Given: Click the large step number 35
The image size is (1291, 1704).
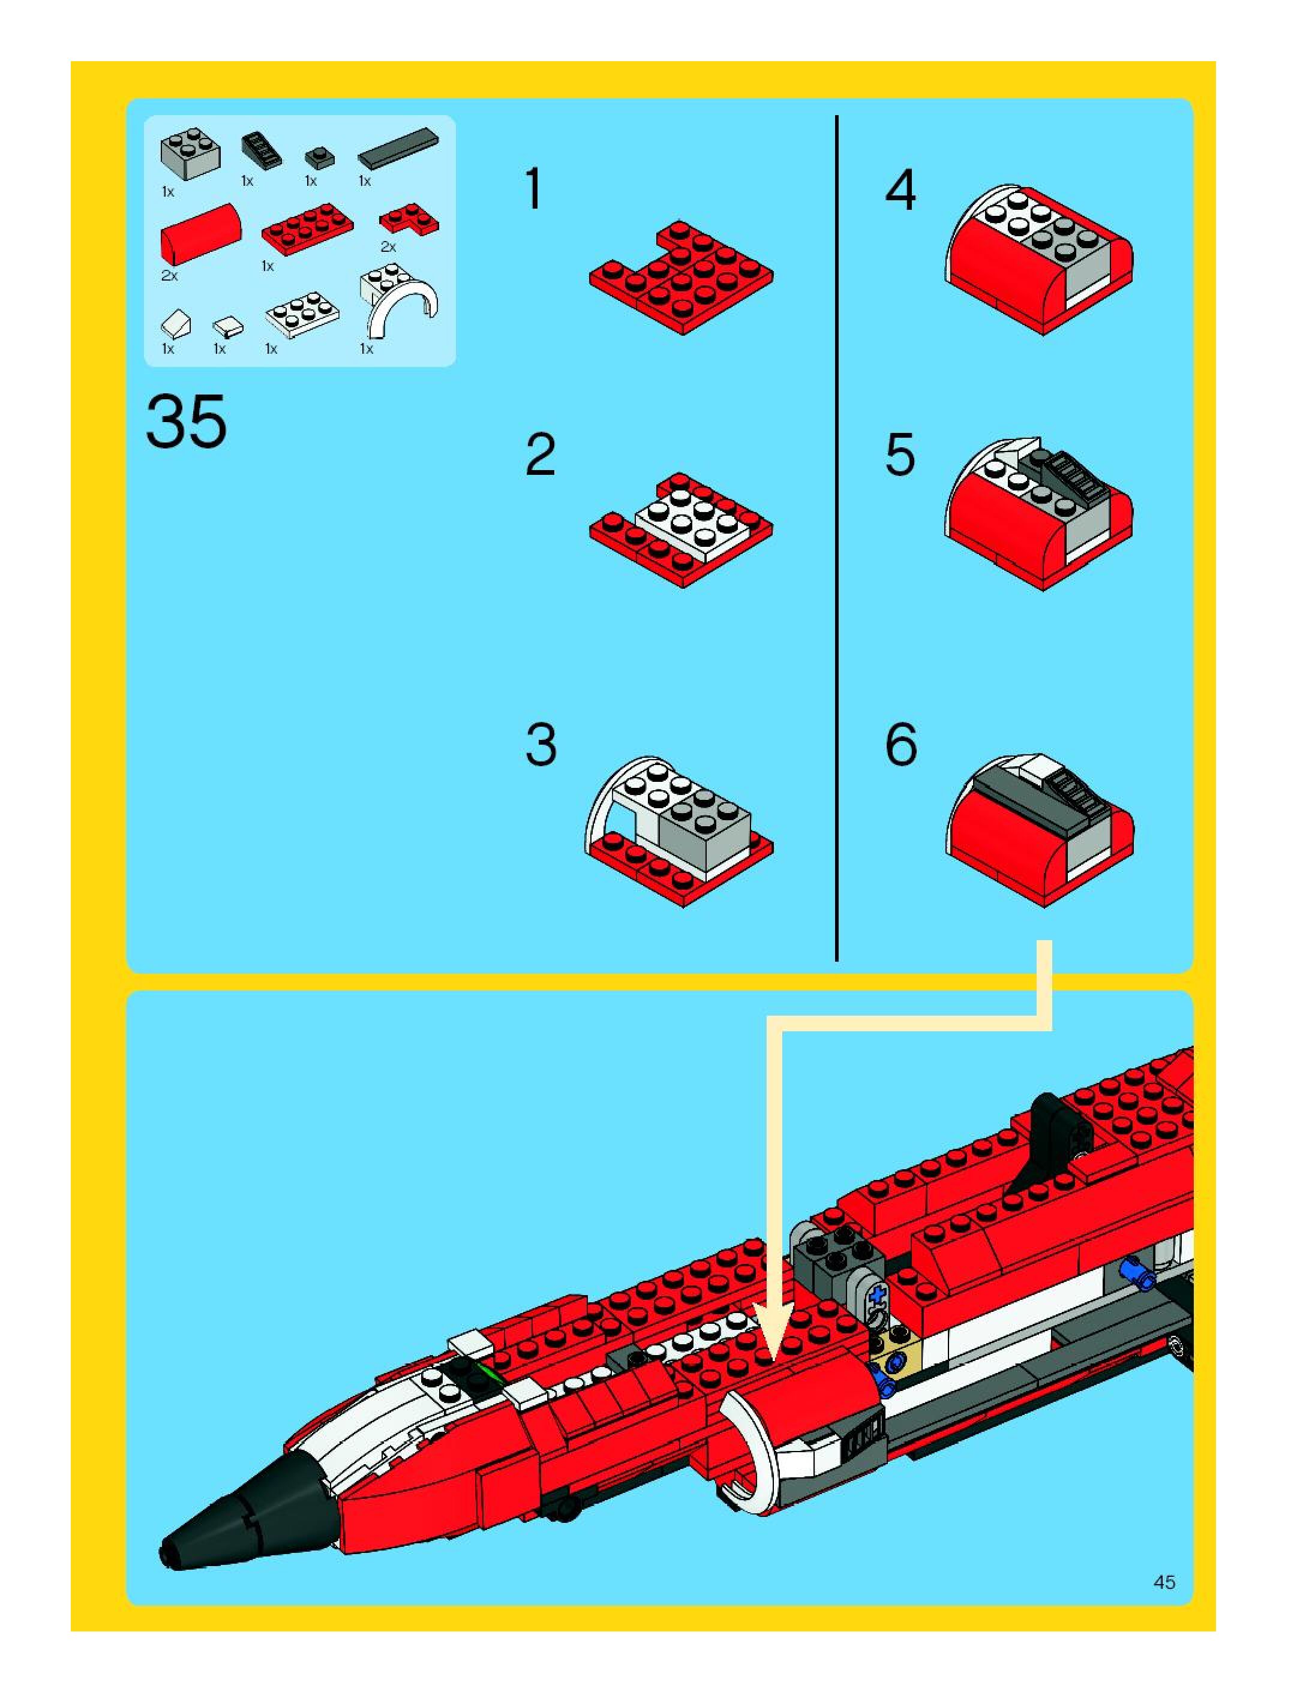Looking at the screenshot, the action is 186,421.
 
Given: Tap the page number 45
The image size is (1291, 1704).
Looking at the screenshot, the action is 1164,1582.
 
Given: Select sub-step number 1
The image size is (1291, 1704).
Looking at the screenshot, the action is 534,189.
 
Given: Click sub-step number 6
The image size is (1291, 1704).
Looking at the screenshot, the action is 901,745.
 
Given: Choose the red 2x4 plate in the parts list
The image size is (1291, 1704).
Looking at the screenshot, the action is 308,230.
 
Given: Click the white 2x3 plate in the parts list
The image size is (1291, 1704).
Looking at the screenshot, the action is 302,315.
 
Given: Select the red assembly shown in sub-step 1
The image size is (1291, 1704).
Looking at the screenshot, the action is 681,278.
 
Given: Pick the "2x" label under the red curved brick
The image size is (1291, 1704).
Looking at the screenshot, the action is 169,275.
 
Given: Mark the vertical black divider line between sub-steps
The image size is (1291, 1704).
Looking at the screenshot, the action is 836,538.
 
